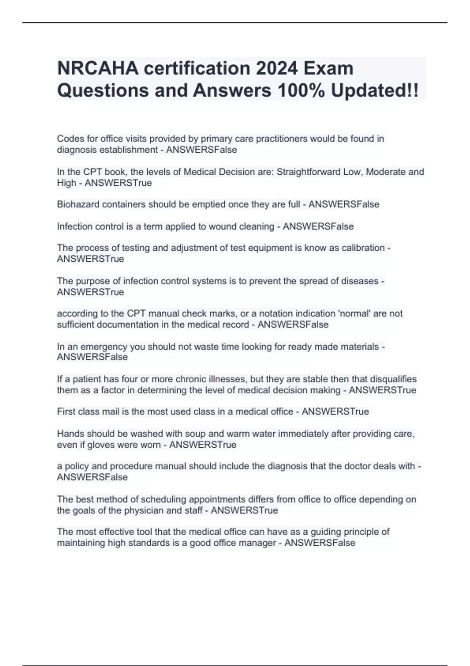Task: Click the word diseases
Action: [x=360, y=281]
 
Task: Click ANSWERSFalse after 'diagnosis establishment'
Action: [x=201, y=150]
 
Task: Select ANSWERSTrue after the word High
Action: [x=118, y=183]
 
